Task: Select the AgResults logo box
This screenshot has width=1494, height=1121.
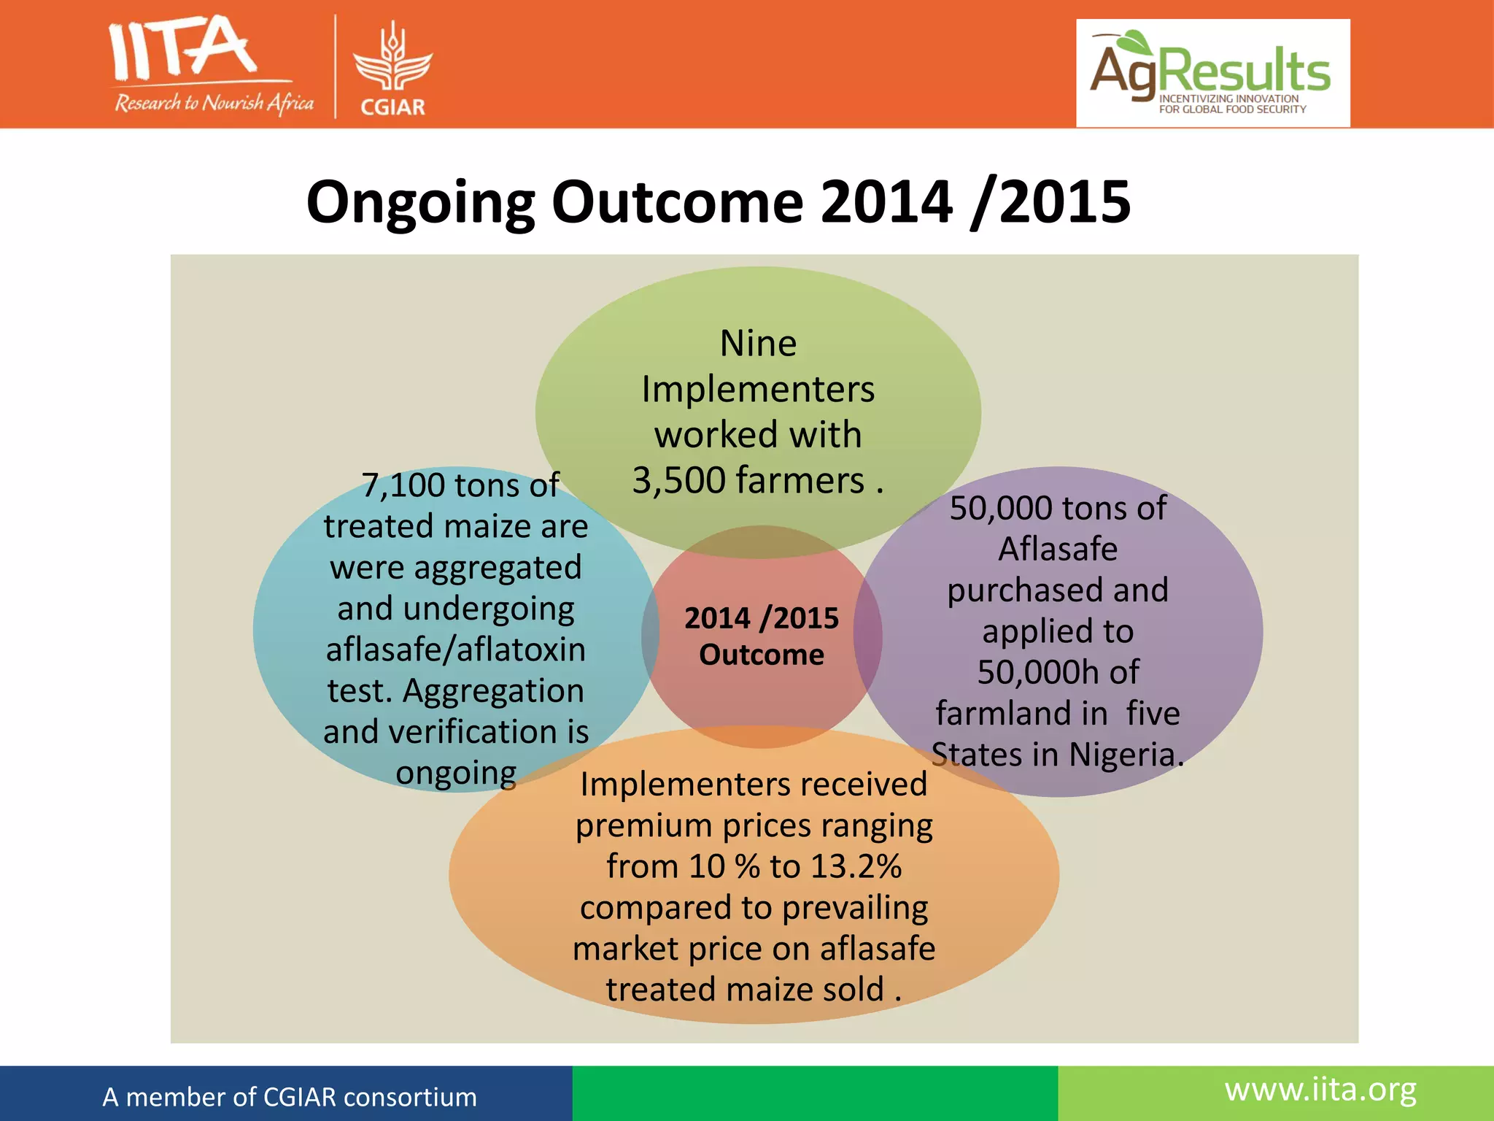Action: [1212, 73]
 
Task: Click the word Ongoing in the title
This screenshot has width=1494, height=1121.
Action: [420, 202]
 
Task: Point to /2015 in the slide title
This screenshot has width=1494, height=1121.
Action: [1050, 202]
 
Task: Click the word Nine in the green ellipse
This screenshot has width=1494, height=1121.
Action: [758, 343]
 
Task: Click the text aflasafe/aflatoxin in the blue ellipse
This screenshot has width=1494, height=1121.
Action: [456, 650]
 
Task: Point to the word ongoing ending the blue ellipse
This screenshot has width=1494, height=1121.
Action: [456, 772]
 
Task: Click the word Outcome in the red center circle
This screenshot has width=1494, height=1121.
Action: [761, 655]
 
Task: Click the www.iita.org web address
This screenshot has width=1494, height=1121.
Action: [1320, 1090]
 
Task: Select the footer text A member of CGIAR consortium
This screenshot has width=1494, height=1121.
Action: [290, 1097]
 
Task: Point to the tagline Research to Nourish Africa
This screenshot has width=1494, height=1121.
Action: [214, 103]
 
